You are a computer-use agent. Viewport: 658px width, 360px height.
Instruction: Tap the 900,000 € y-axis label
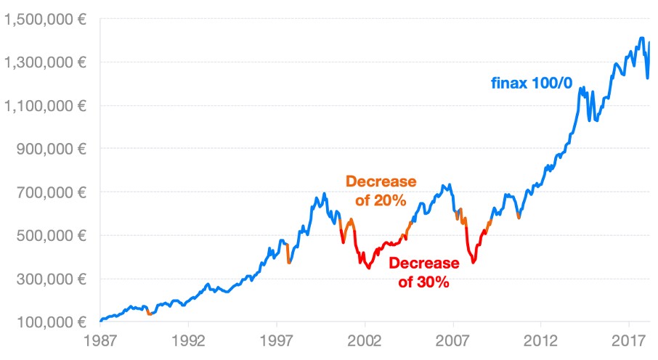pos(52,149)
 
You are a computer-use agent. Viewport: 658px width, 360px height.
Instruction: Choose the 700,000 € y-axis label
pos(52,192)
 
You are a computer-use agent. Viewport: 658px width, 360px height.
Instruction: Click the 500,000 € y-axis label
pos(52,235)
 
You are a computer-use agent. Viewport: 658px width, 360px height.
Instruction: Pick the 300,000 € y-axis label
pos(52,279)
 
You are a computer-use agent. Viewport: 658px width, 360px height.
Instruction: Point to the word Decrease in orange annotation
pos(381,181)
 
